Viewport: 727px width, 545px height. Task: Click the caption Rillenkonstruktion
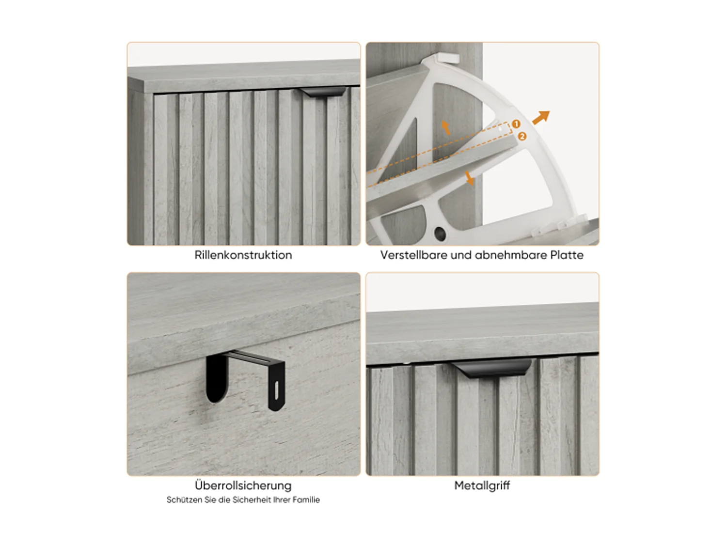point(243,255)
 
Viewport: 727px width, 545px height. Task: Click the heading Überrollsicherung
point(243,485)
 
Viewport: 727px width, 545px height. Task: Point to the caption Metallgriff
point(482,485)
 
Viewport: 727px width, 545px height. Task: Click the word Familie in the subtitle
point(306,500)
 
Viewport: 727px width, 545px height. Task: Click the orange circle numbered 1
point(516,124)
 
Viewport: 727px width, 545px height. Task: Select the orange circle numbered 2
point(522,137)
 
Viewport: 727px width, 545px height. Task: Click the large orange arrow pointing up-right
point(541,117)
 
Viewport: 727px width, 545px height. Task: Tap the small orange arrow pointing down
point(469,178)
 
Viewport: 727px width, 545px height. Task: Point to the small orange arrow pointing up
point(446,127)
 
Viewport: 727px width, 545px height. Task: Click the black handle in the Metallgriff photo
point(492,369)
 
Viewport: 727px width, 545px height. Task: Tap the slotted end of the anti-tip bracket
point(276,390)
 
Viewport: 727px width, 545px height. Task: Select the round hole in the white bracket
point(440,234)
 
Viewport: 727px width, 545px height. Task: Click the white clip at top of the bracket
point(447,58)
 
